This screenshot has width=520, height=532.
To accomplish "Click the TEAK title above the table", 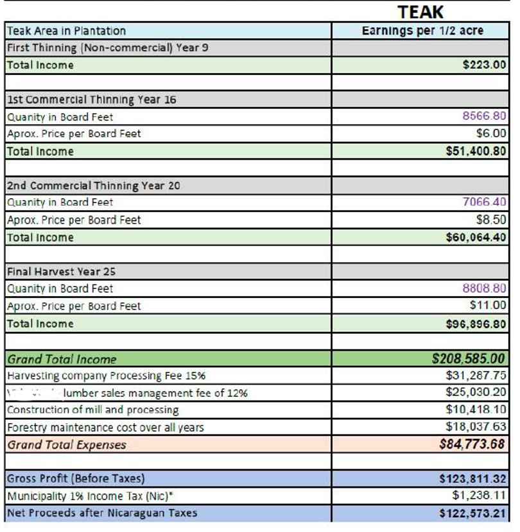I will [x=420, y=12].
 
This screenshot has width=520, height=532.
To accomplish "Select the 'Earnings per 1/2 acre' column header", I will [x=422, y=31].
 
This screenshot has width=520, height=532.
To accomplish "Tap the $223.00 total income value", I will [x=484, y=65].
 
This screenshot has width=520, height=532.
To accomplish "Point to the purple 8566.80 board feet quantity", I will [x=484, y=117].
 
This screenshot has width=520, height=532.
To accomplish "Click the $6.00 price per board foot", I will [x=491, y=133].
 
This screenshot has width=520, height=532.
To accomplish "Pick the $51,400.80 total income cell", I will [x=476, y=151].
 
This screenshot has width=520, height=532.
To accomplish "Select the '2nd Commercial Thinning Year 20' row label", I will [x=94, y=185].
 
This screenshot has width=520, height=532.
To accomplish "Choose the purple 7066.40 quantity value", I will [x=484, y=202].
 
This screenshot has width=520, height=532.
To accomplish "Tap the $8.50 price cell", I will [x=491, y=219].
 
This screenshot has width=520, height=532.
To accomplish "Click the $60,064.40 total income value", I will [x=476, y=237].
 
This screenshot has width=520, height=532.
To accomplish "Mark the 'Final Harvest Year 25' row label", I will [x=62, y=271].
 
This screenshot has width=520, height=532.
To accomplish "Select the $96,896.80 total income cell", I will [x=476, y=324].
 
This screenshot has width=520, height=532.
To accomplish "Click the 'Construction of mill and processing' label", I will [x=93, y=410].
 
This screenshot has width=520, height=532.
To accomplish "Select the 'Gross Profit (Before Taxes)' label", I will [x=76, y=478].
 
